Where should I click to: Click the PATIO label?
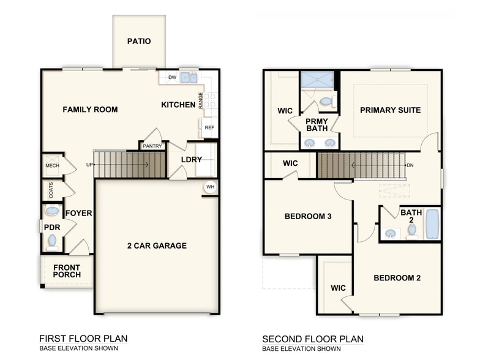point(139,42)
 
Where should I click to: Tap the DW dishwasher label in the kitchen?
point(172,78)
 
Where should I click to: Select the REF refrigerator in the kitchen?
point(209,127)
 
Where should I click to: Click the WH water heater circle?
point(210,187)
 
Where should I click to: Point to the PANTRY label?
point(152,146)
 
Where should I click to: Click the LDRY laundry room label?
point(192,160)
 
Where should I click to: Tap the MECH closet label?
point(51,166)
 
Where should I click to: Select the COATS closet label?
point(51,190)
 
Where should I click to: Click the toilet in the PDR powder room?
point(53,241)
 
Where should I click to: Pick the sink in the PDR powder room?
point(53,211)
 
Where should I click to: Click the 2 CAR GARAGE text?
point(157,246)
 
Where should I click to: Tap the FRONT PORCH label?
point(67,271)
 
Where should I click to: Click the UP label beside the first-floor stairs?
point(89,165)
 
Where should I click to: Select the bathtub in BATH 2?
point(432,225)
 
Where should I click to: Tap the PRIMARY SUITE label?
point(390,110)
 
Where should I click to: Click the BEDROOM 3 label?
point(308,216)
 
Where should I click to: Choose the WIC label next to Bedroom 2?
point(338,288)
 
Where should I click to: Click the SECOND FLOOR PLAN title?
point(313,339)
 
